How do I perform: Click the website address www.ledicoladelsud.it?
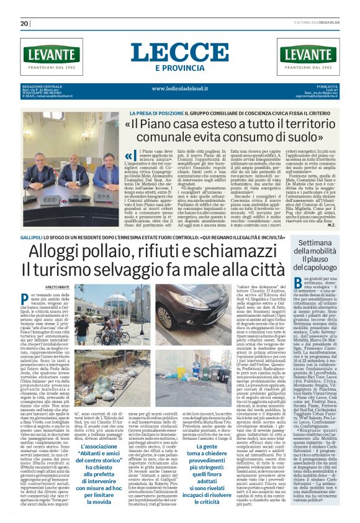(180, 88)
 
